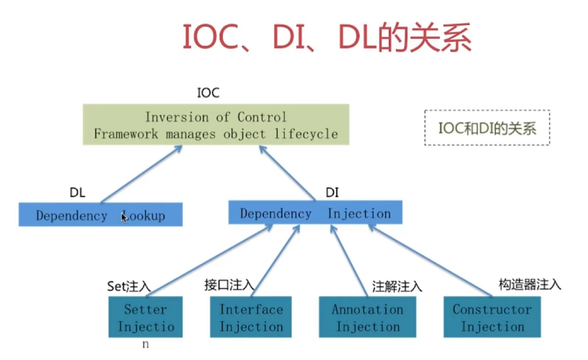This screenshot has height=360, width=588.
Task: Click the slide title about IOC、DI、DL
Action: (326, 39)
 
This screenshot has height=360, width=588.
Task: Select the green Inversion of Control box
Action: (216, 125)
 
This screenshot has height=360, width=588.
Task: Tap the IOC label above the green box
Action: (208, 93)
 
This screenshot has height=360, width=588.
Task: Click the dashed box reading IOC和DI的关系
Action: (487, 128)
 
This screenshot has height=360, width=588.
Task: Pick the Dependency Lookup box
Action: (101, 215)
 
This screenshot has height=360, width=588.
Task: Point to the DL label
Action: (77, 193)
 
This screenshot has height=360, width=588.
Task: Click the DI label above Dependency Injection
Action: (332, 193)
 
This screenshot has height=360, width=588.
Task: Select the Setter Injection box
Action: (145, 317)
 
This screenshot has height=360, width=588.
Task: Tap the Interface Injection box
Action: (251, 317)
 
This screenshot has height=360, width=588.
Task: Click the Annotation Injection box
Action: (367, 317)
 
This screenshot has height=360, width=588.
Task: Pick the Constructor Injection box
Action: (492, 317)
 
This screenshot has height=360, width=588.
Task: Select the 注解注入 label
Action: (397, 286)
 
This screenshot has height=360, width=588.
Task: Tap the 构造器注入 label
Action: (529, 284)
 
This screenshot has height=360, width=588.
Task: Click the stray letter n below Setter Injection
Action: (145, 344)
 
